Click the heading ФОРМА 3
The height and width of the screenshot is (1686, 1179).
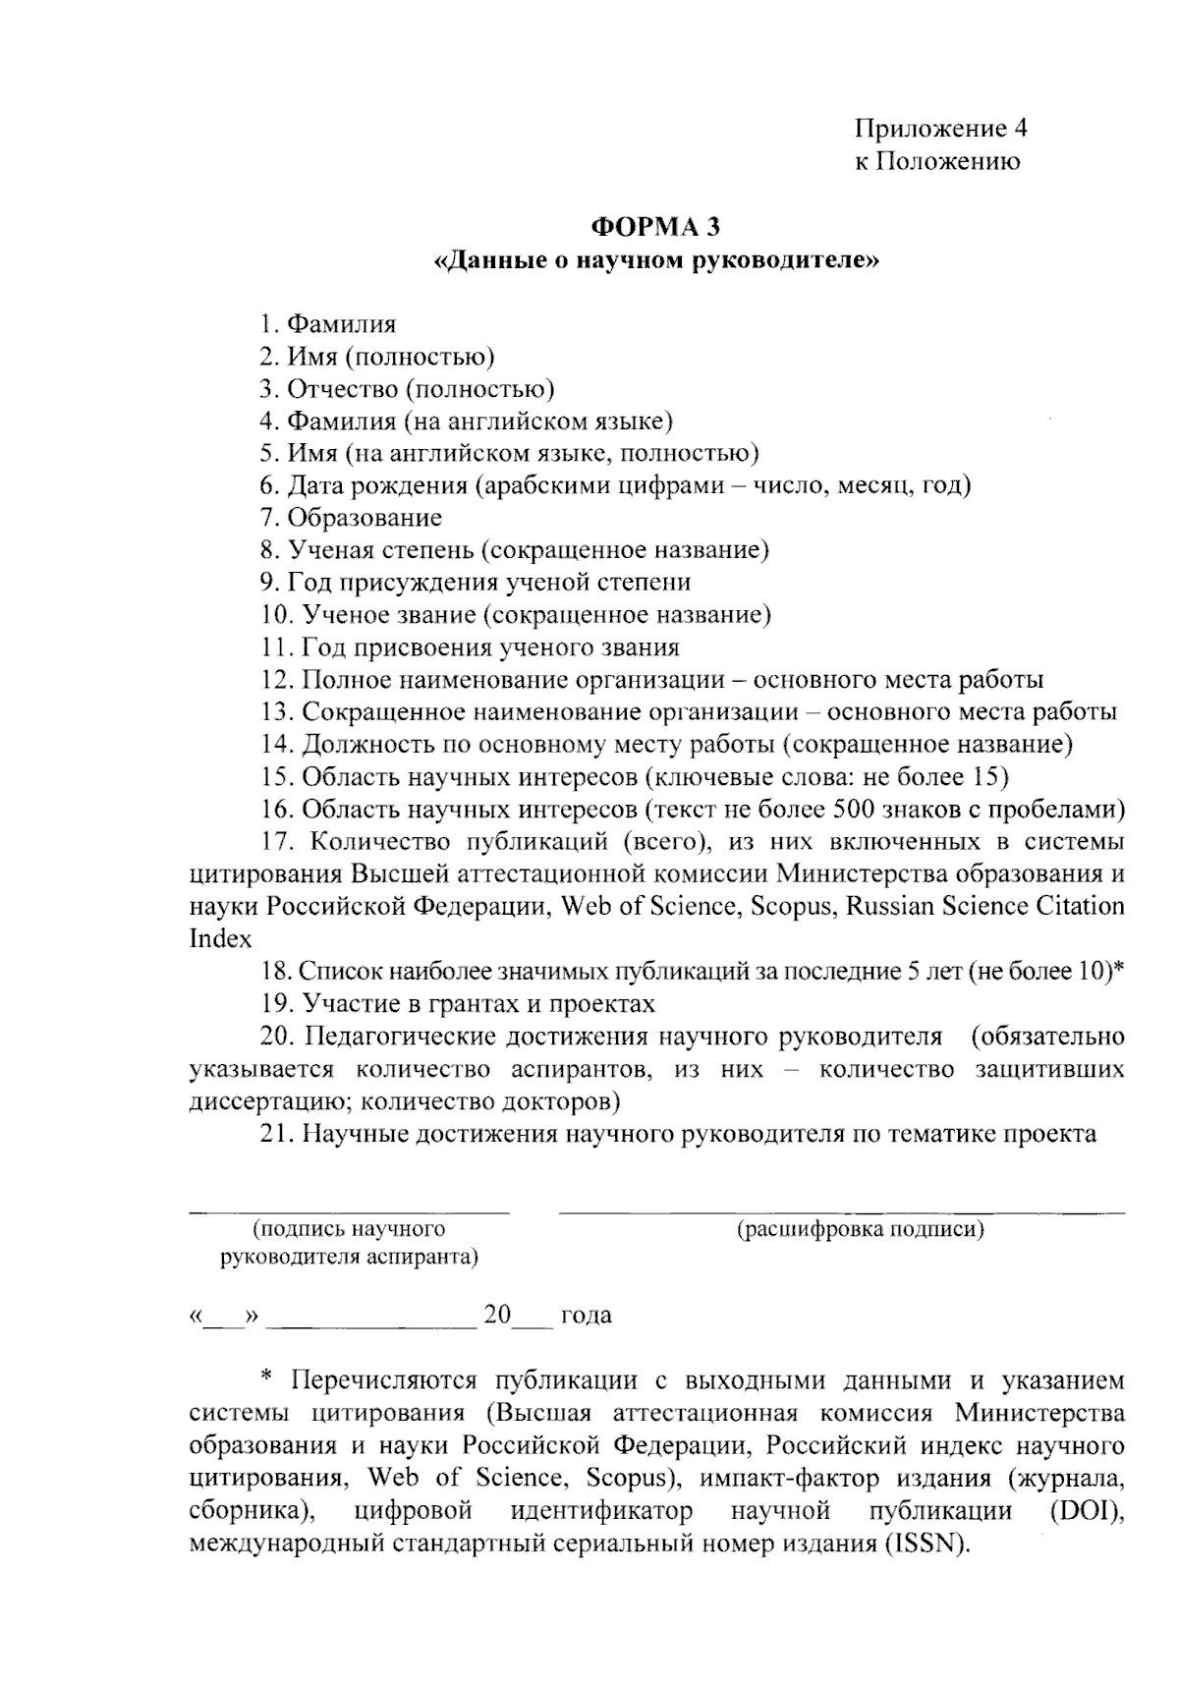pos(655,227)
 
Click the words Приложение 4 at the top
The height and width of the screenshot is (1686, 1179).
pos(941,129)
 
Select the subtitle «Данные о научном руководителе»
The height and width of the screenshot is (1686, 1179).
pos(655,261)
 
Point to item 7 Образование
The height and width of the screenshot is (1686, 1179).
pos(352,518)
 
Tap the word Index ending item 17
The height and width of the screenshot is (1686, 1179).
pos(220,938)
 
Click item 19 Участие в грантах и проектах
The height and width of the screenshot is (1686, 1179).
pos(458,1003)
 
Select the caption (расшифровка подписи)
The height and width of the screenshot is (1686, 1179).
pos(861,1229)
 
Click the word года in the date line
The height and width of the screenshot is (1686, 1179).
pos(586,1316)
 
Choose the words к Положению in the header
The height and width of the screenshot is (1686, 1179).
pos(936,161)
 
